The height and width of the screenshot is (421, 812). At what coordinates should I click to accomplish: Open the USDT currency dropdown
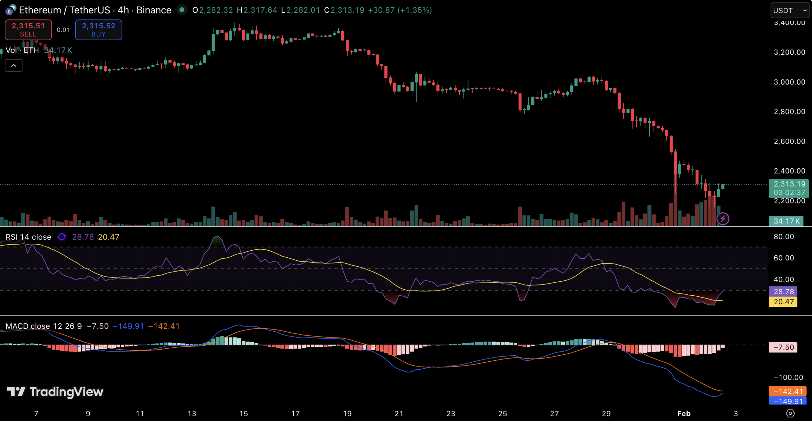click(789, 10)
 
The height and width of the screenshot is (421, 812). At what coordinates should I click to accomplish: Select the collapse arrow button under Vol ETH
click(14, 65)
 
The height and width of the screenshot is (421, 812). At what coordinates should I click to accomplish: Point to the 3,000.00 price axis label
click(789, 82)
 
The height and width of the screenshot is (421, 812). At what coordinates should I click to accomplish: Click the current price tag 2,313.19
click(789, 184)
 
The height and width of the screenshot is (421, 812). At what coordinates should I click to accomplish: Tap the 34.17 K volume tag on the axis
click(786, 221)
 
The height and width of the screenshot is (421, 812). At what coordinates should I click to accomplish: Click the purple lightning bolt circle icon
click(723, 219)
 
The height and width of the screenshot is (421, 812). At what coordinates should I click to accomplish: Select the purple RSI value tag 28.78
click(783, 291)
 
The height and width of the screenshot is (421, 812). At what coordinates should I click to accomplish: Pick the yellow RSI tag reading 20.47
click(783, 302)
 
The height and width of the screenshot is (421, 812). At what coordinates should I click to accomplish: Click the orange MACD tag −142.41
click(788, 391)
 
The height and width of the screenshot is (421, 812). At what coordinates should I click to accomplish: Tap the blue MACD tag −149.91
click(788, 401)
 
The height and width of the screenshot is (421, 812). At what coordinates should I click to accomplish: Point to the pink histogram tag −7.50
click(783, 347)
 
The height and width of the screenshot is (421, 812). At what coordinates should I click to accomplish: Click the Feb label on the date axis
click(684, 413)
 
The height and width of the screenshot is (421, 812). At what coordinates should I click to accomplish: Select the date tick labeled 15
click(243, 413)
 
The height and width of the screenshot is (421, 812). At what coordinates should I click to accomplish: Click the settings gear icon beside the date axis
click(790, 413)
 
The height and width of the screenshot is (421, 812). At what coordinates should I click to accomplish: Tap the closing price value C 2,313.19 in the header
click(347, 10)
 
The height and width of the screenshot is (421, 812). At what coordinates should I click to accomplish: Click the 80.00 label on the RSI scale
click(783, 237)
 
